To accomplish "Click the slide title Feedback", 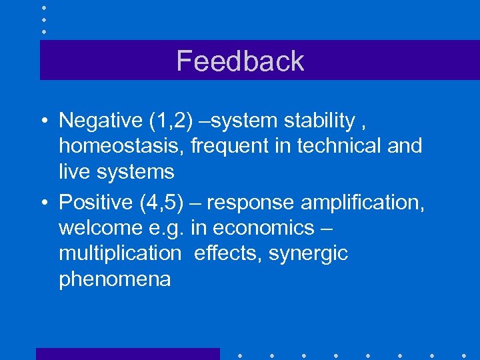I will click(240, 61).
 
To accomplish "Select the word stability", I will click(319, 121).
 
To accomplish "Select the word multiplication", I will click(119, 254).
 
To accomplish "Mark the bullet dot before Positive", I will click(43, 202).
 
